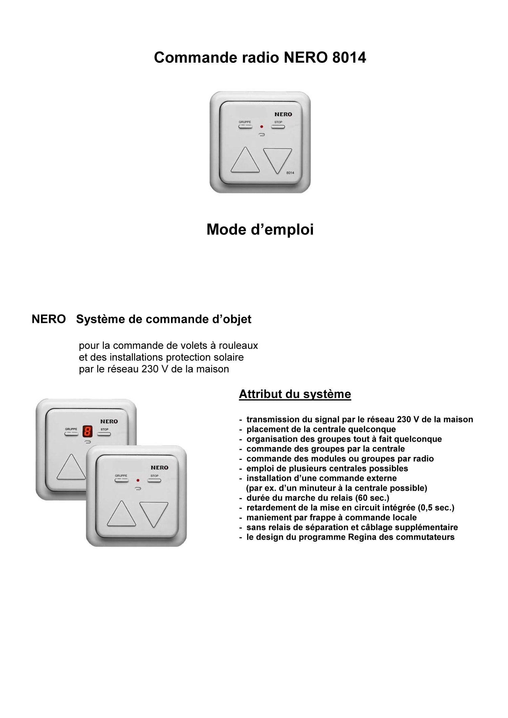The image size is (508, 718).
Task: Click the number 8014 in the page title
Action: tap(349, 57)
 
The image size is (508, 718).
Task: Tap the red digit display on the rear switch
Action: tap(88, 431)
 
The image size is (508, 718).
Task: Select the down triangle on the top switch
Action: tap(277, 159)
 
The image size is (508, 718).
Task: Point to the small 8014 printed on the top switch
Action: tap(290, 173)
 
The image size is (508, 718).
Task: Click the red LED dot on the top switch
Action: tap(261, 127)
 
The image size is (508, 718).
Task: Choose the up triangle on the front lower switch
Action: tap(121, 514)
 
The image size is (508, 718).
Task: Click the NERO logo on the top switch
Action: tap(283, 114)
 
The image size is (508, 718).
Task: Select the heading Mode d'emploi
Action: tap(260, 230)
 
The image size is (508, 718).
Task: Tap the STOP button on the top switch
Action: tap(278, 127)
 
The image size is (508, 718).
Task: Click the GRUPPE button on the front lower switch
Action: tap(121, 480)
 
